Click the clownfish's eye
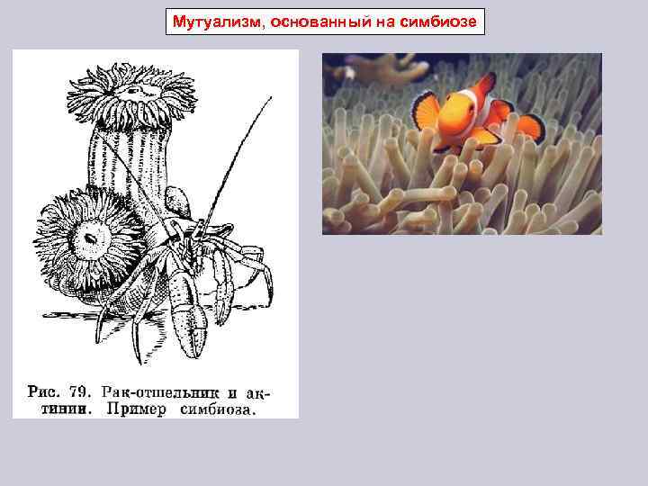click(469, 107)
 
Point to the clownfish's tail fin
click(531, 127)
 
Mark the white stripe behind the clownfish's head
click(487, 108)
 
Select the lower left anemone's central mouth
click(91, 237)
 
